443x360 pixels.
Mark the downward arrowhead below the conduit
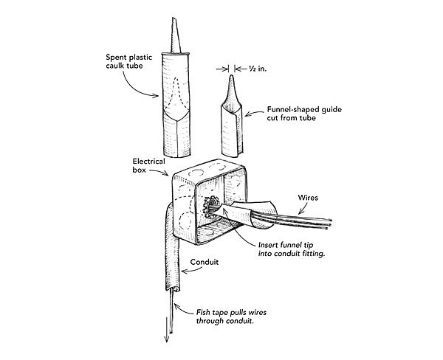167,338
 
